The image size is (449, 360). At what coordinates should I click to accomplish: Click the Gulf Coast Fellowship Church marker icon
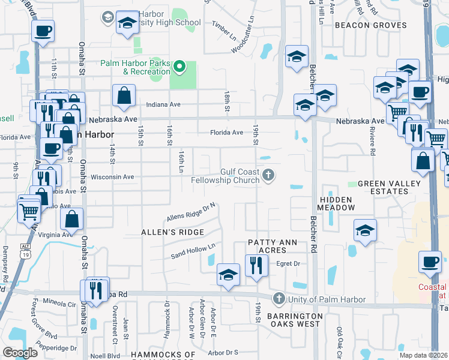tap(268, 176)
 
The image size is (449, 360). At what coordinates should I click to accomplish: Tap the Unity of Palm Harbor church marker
tap(278, 298)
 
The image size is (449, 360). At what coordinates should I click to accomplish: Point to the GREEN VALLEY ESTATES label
tap(383, 187)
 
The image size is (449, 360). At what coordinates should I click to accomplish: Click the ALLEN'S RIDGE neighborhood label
tap(172, 232)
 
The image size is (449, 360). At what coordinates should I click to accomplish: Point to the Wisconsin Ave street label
tap(111, 177)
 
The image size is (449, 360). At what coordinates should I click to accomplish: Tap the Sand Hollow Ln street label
tap(193, 251)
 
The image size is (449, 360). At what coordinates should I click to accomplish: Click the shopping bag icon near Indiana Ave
tap(123, 95)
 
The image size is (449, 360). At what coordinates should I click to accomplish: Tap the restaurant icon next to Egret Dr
tap(256, 265)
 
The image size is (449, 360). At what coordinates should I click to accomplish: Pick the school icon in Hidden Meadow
tap(365, 230)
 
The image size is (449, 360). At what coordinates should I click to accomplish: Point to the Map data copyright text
tap(424, 355)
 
